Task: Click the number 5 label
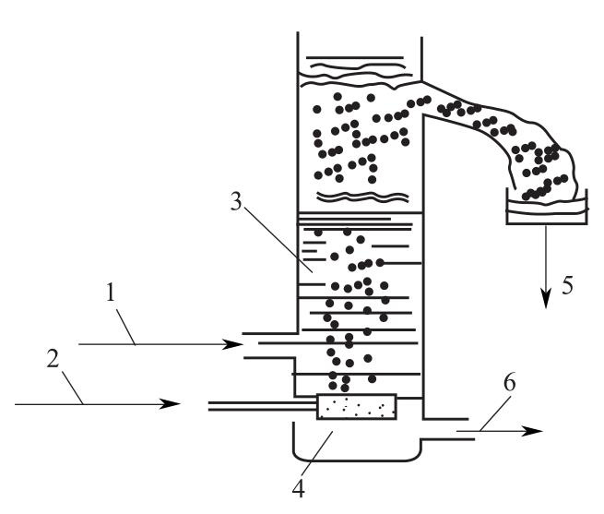(568, 284)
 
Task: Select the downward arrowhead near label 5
(546, 298)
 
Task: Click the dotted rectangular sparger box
(357, 406)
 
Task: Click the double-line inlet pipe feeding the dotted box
(262, 405)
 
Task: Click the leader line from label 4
(319, 455)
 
